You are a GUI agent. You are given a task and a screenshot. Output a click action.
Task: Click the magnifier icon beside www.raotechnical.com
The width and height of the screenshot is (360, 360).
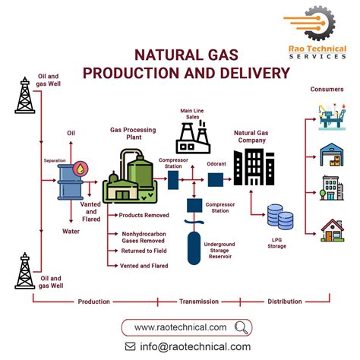tap(242, 327)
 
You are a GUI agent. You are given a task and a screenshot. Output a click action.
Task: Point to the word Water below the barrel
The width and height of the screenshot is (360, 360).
tap(71, 231)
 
